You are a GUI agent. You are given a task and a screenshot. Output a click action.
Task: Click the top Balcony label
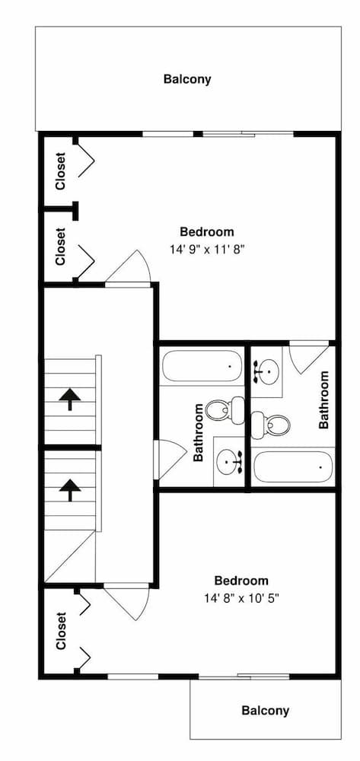coord(186,78)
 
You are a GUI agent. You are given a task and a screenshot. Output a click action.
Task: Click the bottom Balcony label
coord(265,711)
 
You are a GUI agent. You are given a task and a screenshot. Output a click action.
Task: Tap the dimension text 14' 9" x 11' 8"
coord(207,248)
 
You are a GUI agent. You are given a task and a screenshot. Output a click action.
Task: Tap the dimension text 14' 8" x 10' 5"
coord(241,597)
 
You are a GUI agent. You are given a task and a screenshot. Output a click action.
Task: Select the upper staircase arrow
coord(70,397)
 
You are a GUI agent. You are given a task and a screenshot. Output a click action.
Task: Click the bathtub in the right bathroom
coord(293,466)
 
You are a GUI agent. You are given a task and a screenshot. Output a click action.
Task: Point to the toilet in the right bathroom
coord(271,424)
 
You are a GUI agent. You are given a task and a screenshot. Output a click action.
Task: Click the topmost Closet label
coord(60,171)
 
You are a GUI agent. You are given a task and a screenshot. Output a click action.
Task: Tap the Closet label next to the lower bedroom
coord(60,631)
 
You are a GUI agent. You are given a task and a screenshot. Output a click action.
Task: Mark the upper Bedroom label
coord(207,232)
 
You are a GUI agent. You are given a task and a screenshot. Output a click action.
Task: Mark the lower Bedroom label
coord(241,581)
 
